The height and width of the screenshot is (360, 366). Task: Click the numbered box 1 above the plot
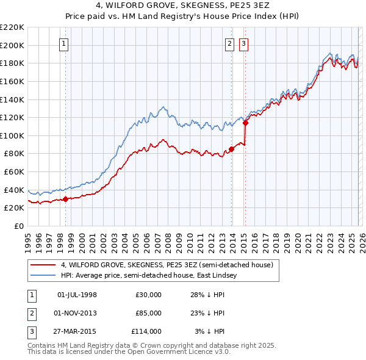pos(64,43)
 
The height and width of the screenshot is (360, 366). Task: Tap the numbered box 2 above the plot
pos(230,43)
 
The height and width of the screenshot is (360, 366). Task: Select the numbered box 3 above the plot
pos(243,43)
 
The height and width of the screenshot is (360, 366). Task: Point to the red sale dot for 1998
pos(65,199)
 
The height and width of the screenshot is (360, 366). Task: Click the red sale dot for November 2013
pos(232,149)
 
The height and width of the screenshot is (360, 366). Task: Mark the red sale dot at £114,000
pos(245,123)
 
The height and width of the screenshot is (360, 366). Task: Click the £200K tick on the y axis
pos(12,45)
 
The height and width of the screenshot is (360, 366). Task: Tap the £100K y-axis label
pos(12,135)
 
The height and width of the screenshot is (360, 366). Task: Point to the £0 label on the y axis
pos(19,226)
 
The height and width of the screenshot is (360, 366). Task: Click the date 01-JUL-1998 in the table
pos(77,295)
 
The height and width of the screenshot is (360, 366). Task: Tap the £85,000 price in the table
pos(148,313)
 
